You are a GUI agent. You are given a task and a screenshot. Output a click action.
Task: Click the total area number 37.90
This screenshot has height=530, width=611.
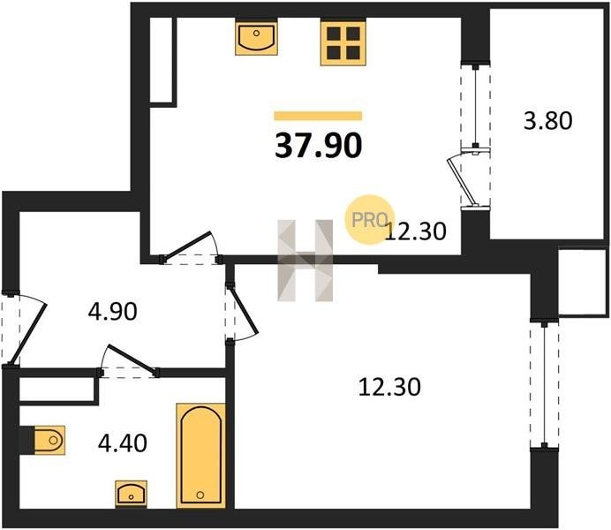pyautogui.click(x=319, y=146)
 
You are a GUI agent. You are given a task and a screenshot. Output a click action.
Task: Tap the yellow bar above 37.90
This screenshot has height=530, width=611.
pyautogui.click(x=318, y=116)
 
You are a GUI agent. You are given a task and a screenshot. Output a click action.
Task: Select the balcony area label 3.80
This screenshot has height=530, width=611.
pyautogui.click(x=548, y=120)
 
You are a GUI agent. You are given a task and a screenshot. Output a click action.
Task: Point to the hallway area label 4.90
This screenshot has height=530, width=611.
pyautogui.click(x=113, y=312)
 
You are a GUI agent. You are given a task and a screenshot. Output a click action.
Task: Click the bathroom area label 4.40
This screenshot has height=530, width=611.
pyautogui.click(x=123, y=443)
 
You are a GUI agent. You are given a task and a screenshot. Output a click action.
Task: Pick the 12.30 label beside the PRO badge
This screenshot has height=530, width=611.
pyautogui.click(x=415, y=231)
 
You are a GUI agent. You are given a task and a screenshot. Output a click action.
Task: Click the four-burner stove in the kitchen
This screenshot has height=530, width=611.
pyautogui.click(x=343, y=43)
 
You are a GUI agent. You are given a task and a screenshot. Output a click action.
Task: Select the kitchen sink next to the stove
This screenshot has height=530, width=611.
pyautogui.click(x=256, y=38)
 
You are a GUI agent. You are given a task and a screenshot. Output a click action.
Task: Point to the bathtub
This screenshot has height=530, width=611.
pyautogui.click(x=201, y=456)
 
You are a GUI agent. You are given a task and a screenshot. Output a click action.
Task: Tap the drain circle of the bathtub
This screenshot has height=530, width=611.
pyautogui.click(x=200, y=495)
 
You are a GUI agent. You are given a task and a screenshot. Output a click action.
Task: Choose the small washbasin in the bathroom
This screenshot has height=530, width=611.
pyautogui.click(x=132, y=494)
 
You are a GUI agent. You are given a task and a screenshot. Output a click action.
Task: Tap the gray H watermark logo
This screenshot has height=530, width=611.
pyautogui.click(x=305, y=261)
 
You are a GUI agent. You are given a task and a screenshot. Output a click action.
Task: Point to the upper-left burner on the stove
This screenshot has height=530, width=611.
pyautogui.click(x=335, y=34)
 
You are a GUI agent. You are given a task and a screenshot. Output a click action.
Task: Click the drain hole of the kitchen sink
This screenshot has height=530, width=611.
pyautogui.click(x=256, y=34)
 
